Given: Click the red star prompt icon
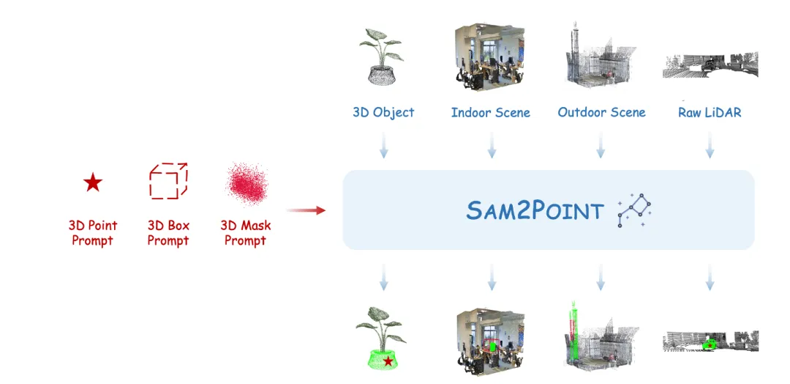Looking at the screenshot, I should click(92, 182).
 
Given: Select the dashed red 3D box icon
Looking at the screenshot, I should click(168, 181).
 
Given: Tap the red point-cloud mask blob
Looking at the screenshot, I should click(246, 184).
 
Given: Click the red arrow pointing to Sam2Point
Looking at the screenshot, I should click(306, 210).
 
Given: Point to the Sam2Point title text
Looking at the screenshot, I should click(535, 211).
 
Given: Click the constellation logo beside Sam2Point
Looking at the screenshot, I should click(633, 211).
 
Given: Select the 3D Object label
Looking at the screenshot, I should click(383, 112).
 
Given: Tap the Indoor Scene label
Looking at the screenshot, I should click(490, 112).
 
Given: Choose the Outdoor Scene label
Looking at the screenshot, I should click(601, 112).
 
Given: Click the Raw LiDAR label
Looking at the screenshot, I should click(710, 112).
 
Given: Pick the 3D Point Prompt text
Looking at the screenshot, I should click(93, 233).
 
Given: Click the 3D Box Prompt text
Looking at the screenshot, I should click(168, 233).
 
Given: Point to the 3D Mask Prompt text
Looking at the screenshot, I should click(246, 233).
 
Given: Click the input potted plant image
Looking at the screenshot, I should click(383, 57).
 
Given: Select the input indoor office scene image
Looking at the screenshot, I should click(489, 57).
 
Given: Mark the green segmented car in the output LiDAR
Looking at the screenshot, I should click(708, 342).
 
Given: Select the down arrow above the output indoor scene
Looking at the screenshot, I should click(492, 278).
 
